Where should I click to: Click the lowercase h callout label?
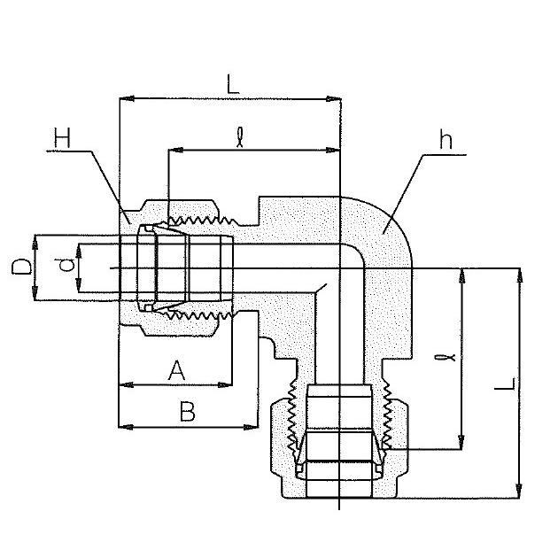pyautogui.click(x=446, y=140)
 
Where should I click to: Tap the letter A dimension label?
pyautogui.click(x=176, y=370)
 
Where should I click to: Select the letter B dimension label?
pyautogui.click(x=188, y=411)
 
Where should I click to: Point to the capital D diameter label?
pyautogui.click(x=21, y=267)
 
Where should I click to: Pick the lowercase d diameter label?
pyautogui.click(x=66, y=265)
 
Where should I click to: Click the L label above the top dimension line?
pyautogui.click(x=233, y=84)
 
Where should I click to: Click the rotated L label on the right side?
pyautogui.click(x=505, y=384)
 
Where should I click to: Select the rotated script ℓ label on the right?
pyautogui.click(x=446, y=357)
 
